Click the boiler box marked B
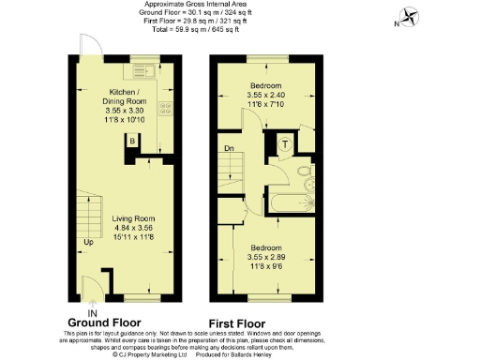pos(133,141)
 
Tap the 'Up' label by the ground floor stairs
pos(88,242)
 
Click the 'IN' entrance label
pos(92,312)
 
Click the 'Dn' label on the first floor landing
pos(228,147)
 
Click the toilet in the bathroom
pos(303,173)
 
